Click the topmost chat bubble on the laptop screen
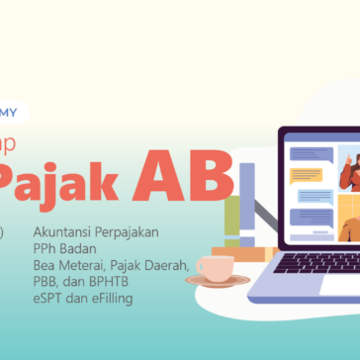point(309,153)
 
